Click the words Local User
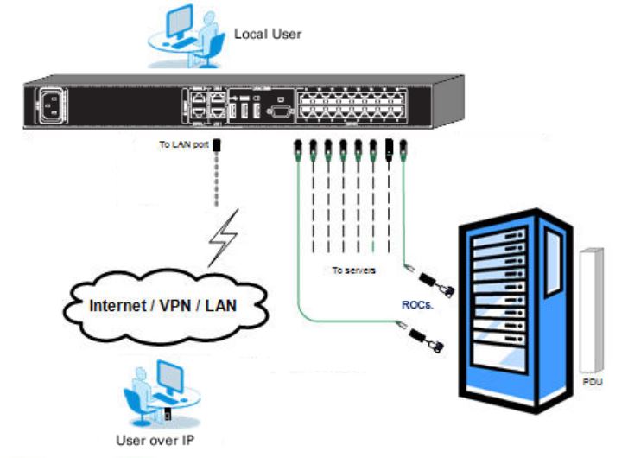click(268, 35)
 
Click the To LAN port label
click(183, 145)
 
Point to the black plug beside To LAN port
click(217, 146)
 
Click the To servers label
click(354, 270)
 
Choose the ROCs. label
click(417, 305)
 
